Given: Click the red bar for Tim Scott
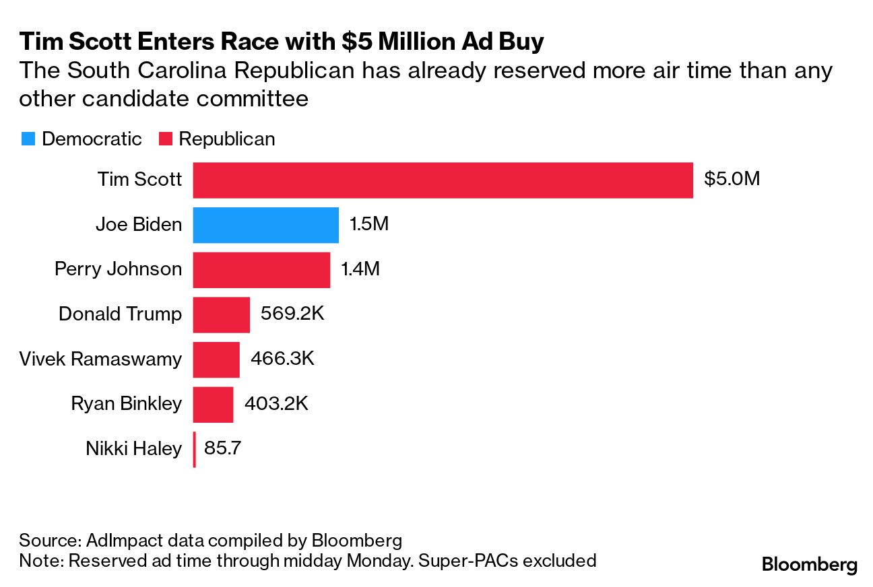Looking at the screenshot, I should click(x=443, y=180).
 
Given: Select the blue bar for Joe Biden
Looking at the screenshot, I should click(x=265, y=225).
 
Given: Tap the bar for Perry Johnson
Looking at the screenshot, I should click(x=261, y=270).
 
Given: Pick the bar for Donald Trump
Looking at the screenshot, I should click(x=221, y=314).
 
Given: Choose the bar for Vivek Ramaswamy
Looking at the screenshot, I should click(x=216, y=359).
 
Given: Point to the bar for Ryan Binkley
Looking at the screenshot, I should click(x=213, y=404).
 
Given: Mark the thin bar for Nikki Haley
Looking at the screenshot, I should click(x=194, y=449).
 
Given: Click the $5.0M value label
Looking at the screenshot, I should click(x=732, y=180).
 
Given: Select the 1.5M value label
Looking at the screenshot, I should click(x=368, y=225).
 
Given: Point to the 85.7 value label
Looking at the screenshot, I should click(x=223, y=448).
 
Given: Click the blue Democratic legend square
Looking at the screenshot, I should click(x=28, y=139).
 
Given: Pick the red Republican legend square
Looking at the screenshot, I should click(x=166, y=139).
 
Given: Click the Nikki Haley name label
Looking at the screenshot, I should click(x=133, y=449).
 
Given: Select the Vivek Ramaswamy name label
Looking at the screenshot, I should click(x=100, y=359).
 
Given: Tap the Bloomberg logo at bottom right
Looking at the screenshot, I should click(x=809, y=564).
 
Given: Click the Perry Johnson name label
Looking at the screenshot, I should click(x=118, y=269).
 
